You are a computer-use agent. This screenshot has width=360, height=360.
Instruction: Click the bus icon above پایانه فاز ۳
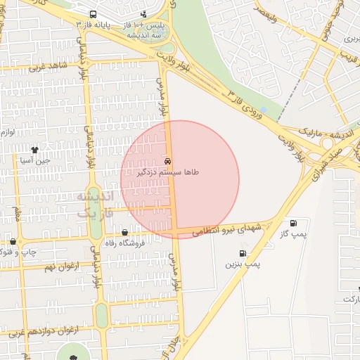point(94,14)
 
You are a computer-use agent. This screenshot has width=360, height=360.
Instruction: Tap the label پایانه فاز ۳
point(94,25)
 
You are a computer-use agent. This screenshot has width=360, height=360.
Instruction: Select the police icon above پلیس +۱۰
point(144,14)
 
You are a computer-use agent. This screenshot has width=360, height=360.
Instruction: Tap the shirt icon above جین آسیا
point(35,150)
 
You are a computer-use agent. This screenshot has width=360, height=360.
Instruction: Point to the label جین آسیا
point(35,160)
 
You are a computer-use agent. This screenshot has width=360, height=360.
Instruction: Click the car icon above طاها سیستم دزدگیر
point(167,161)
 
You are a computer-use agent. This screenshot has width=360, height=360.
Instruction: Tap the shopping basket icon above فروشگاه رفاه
point(125,232)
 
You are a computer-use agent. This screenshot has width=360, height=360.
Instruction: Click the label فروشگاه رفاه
point(124,243)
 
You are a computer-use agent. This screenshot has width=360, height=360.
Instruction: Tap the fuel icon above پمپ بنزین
point(243,254)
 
